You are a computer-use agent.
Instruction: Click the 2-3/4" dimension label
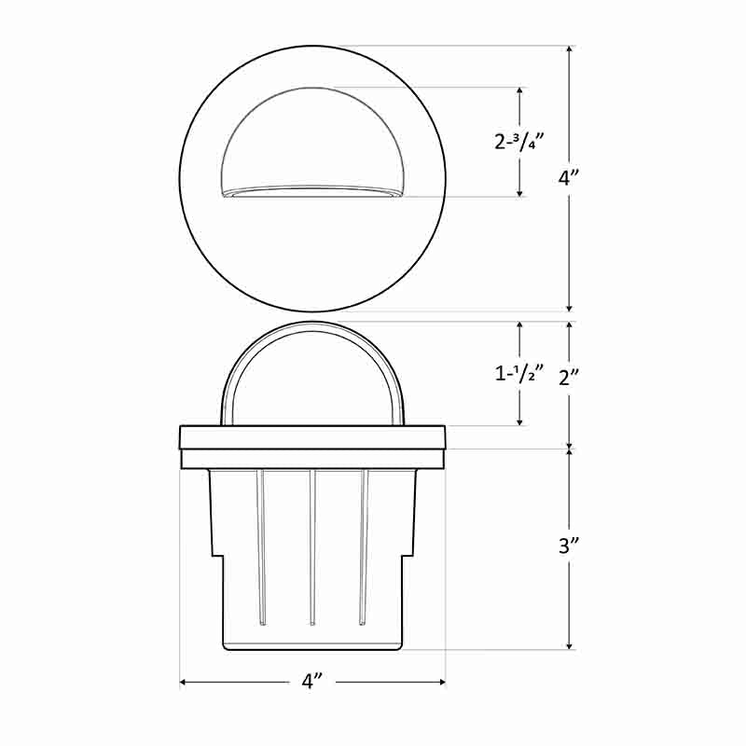click(x=519, y=142)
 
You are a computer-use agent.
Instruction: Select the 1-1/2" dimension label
click(x=519, y=374)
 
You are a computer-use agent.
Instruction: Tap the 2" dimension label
click(x=570, y=377)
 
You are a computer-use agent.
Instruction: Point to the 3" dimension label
click(x=570, y=546)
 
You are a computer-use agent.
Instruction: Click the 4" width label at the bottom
click(x=312, y=682)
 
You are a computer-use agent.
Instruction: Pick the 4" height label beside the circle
click(x=570, y=177)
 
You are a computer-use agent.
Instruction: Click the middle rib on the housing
click(x=312, y=546)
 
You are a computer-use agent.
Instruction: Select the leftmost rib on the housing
click(x=262, y=546)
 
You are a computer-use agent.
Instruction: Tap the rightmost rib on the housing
click(x=364, y=546)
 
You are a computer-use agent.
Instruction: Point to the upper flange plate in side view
click(x=312, y=436)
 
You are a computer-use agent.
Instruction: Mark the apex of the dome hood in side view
click(x=312, y=325)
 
